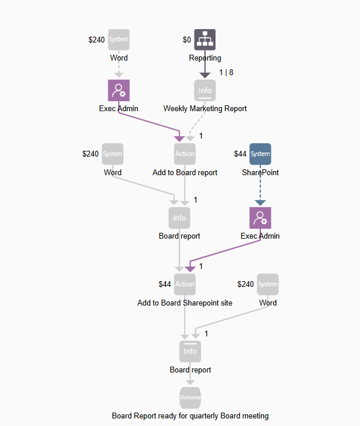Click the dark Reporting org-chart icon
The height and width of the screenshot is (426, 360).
click(x=204, y=40)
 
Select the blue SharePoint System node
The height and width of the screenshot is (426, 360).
click(x=260, y=154)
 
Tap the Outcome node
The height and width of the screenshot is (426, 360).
click(x=190, y=397)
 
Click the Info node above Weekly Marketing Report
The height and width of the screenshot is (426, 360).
click(x=204, y=90)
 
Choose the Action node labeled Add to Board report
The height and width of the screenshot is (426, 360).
click(x=185, y=154)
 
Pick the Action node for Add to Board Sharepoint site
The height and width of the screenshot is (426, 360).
click(x=185, y=284)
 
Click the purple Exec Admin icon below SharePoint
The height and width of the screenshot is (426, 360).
click(x=260, y=218)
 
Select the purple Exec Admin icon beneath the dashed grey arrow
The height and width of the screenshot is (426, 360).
click(x=119, y=90)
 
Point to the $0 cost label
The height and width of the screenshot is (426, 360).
click(x=186, y=40)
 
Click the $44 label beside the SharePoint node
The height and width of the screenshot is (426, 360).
click(x=240, y=154)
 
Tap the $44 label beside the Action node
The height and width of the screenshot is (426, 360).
click(x=165, y=285)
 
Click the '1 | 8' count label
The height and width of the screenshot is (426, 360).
click(x=226, y=72)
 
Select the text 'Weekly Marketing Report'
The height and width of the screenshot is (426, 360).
click(x=205, y=109)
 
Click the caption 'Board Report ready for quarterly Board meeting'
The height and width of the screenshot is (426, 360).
click(x=190, y=416)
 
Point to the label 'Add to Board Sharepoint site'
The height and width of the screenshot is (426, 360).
click(x=185, y=303)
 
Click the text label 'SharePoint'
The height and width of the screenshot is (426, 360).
click(x=260, y=173)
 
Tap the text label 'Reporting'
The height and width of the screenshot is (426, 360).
click(x=205, y=58)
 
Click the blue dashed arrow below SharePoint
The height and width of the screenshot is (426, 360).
click(x=260, y=186)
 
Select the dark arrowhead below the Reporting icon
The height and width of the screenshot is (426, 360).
click(x=204, y=74)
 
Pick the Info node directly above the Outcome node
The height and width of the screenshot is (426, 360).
click(x=190, y=351)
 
